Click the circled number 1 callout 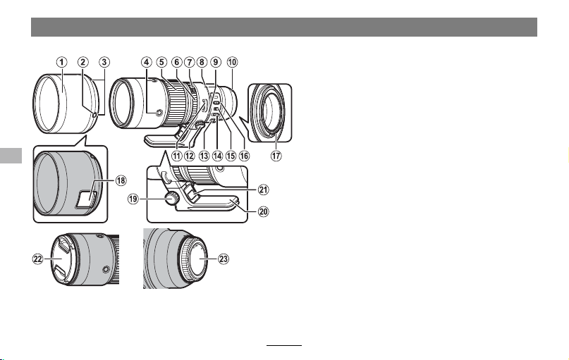click(61, 62)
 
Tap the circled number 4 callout click(146, 62)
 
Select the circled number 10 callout click(232, 62)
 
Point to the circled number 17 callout click(276, 156)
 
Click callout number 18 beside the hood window click(121, 180)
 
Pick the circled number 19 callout click(133, 199)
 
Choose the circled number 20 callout click(264, 211)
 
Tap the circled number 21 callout click(264, 190)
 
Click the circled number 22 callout click(38, 259)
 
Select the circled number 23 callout click(224, 259)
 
